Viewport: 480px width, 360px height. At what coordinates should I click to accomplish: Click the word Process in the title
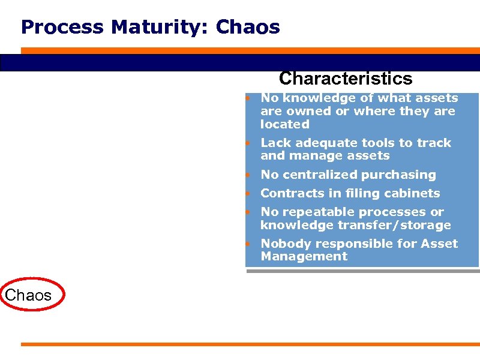tap(52, 27)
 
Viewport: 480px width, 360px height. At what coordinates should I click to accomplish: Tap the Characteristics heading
tap(346, 79)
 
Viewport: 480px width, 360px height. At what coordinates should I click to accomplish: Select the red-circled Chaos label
tap(28, 295)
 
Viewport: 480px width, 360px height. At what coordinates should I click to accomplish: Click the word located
tap(284, 124)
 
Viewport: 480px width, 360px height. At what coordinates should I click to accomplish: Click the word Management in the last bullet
tap(304, 256)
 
